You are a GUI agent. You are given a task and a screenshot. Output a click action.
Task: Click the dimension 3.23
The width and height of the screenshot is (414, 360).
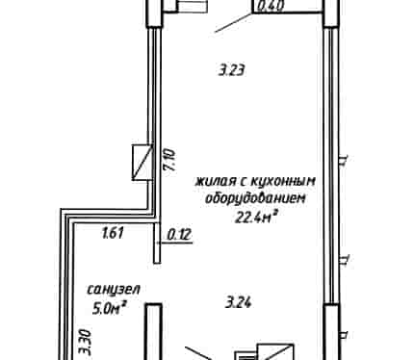232,69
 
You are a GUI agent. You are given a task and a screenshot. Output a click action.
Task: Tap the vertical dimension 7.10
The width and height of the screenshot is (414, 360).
169,160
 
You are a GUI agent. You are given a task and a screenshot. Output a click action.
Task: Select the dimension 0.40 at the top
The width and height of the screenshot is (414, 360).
271,6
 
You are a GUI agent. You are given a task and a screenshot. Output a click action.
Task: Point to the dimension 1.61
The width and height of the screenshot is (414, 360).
113,233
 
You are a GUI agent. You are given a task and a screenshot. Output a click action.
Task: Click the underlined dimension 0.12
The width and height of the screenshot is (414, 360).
180,235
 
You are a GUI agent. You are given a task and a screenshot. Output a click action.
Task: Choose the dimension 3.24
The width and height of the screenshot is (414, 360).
238,302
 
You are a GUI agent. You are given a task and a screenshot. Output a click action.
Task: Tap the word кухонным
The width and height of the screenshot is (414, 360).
282,182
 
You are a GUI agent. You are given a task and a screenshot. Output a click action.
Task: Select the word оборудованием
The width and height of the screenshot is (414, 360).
255,199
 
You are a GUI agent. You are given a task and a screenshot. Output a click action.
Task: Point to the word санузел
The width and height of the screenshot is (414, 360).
114,290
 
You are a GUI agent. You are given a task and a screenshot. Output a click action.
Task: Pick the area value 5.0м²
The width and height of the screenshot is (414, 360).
108,309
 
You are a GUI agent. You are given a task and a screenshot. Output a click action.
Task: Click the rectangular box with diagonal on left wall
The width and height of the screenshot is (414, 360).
142,163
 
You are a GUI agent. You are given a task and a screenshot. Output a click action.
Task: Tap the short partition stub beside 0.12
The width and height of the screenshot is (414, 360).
157,243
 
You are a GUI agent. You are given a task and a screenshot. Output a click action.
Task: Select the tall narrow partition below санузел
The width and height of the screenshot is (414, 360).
153,331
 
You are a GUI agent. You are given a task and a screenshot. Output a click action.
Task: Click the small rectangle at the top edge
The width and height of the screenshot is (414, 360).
193,6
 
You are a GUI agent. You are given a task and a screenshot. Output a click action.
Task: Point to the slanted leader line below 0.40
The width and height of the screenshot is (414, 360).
233,22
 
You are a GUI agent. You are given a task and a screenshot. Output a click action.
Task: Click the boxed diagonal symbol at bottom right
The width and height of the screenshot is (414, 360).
275,352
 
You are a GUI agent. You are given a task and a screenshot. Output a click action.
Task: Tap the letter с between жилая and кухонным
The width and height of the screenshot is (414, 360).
244,182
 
